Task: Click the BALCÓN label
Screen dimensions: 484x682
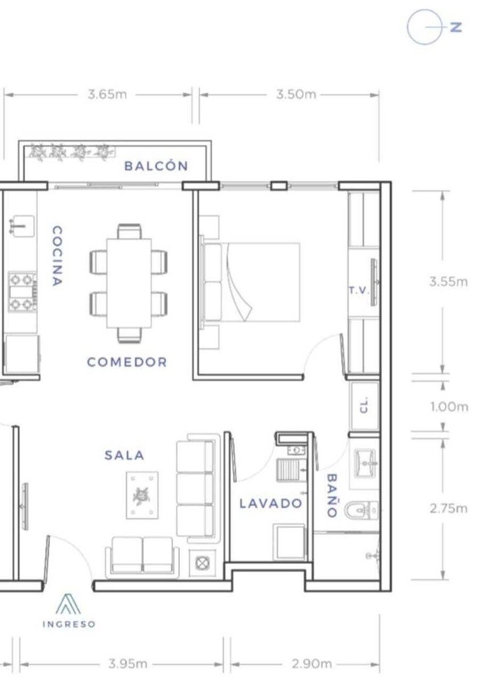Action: (156, 166)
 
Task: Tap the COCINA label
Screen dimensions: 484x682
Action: (57, 256)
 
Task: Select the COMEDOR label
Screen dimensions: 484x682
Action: (127, 362)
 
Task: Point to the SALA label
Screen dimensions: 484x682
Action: (124, 455)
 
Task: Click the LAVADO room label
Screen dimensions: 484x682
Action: (271, 504)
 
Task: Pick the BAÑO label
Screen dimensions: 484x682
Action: (332, 495)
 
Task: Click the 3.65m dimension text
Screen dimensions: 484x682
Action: (107, 95)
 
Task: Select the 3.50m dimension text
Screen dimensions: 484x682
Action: (296, 95)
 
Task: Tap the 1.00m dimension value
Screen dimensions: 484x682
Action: (449, 407)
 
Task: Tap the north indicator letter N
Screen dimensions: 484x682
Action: (456, 27)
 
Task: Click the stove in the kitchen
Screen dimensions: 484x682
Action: (22, 292)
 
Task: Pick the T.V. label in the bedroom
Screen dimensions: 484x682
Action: (359, 290)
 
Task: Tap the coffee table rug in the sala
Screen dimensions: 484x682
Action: (142, 496)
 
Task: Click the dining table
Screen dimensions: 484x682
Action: (129, 283)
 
